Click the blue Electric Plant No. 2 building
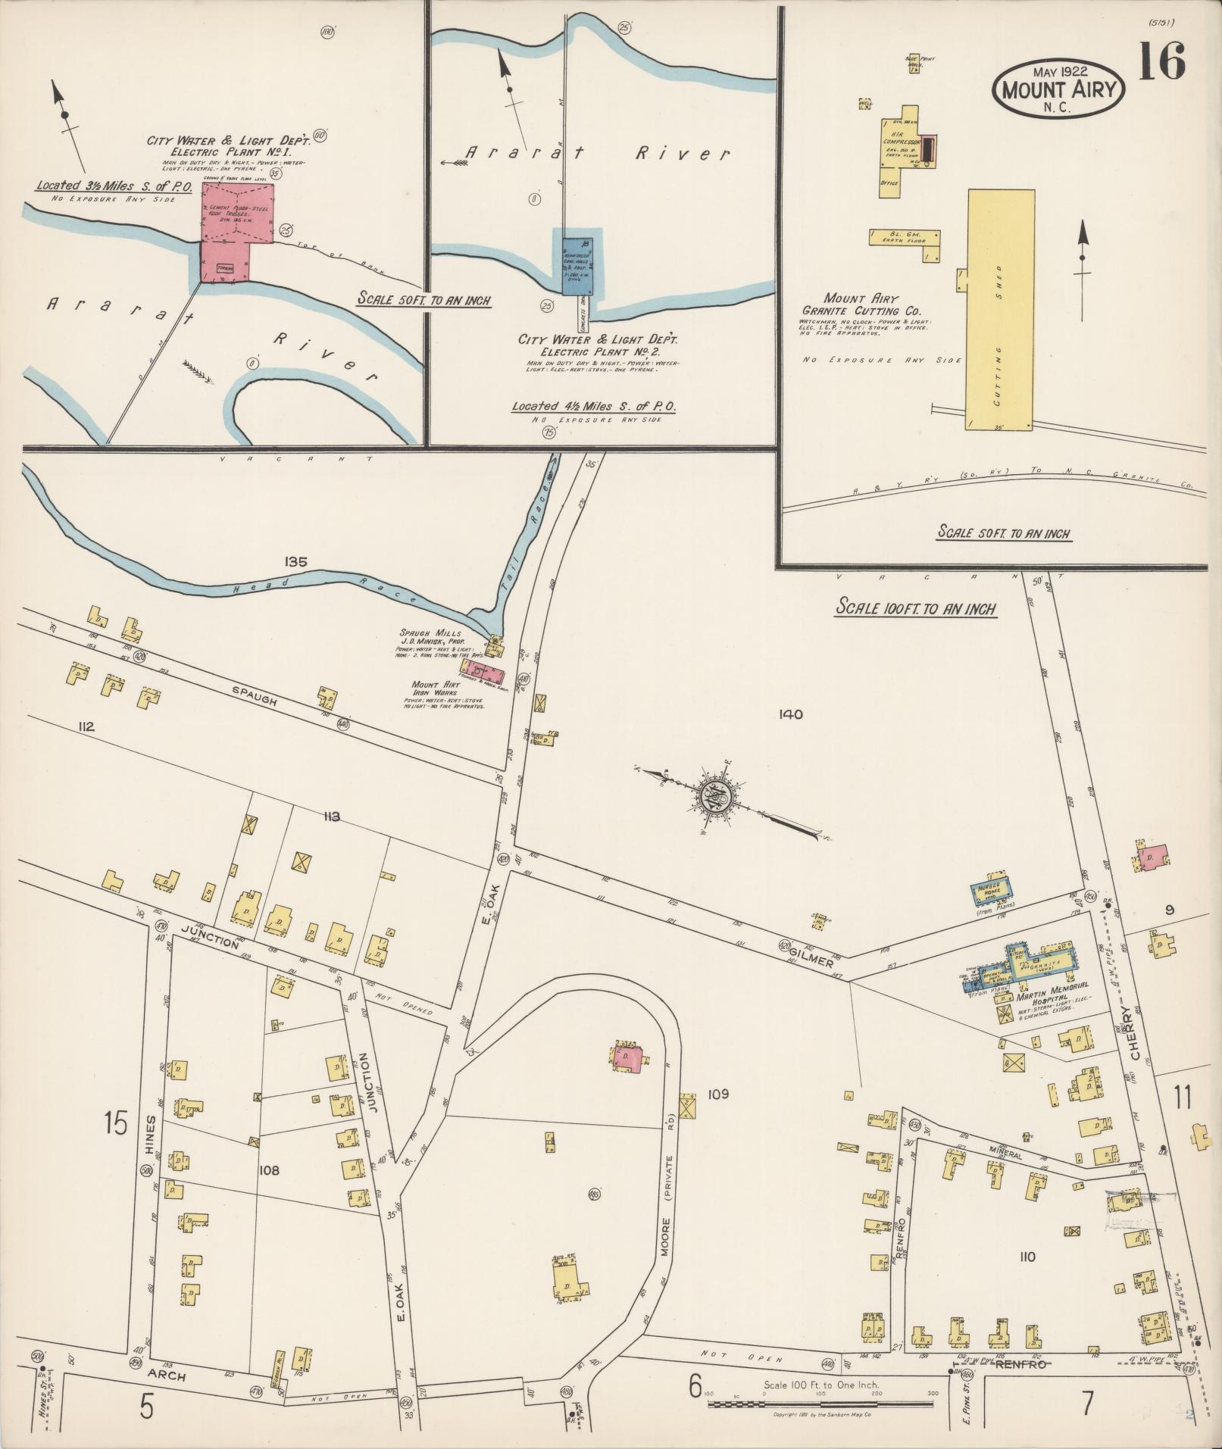(x=577, y=264)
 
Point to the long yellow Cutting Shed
(x=1000, y=310)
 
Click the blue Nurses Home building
(x=994, y=892)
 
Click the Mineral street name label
(x=1005, y=1156)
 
